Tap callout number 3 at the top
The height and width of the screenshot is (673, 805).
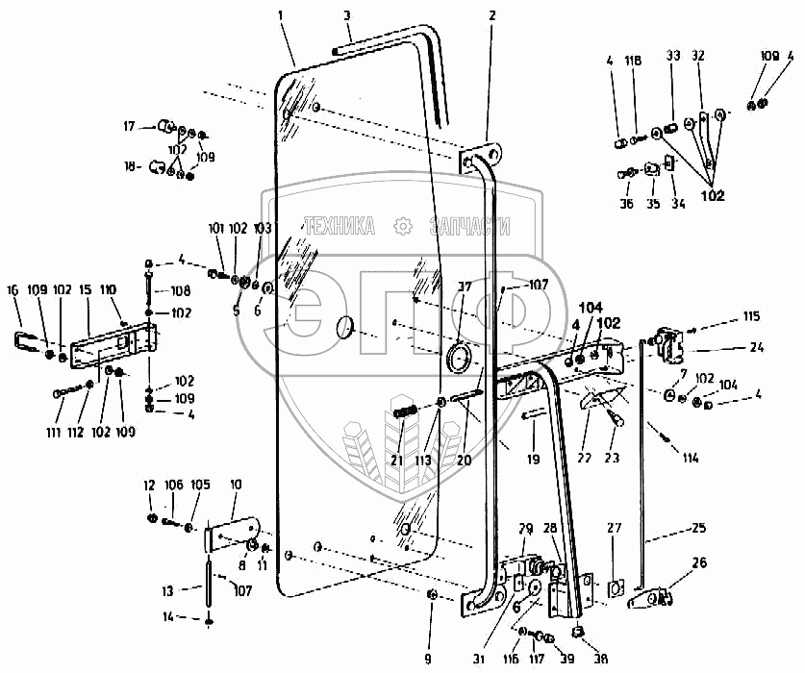pos(347,17)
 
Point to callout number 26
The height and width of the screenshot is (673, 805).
pos(698,563)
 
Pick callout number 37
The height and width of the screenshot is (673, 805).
pos(465,287)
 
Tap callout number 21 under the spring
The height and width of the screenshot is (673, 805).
pos(396,461)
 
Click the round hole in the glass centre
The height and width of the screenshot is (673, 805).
pos(344,328)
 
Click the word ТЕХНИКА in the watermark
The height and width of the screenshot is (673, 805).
pos(340,226)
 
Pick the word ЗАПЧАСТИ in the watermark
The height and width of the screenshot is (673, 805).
pos(468,226)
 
